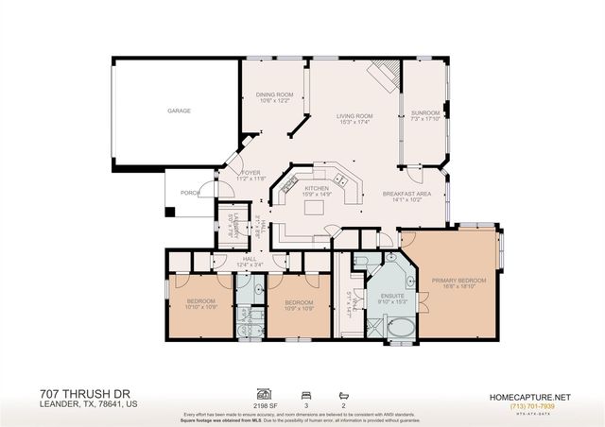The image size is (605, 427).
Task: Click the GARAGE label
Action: tap(180, 111)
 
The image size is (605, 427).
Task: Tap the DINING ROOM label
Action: tap(275, 94)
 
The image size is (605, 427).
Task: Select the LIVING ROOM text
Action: tap(354, 116)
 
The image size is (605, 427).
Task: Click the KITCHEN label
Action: tap(316, 188)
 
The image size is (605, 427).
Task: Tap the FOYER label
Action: tap(251, 173)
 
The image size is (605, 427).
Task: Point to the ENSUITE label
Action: tap(390, 297)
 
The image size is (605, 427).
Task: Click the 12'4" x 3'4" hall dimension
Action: tap(250, 264)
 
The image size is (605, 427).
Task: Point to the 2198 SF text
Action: tap(267, 401)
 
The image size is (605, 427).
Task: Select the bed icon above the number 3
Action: tap(304, 390)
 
